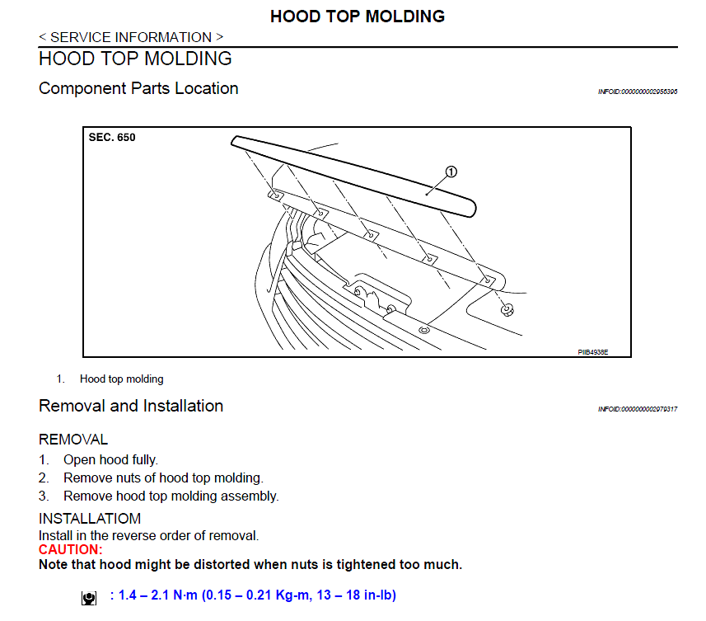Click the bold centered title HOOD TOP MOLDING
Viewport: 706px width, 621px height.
pos(358,16)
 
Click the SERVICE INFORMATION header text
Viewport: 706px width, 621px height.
pos(131,37)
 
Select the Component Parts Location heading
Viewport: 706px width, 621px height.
pos(138,88)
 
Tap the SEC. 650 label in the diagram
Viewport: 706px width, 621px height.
pos(112,138)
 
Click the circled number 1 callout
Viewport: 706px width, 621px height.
pos(451,172)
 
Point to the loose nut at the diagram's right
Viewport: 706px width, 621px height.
pos(507,309)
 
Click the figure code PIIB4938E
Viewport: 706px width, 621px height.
pos(592,350)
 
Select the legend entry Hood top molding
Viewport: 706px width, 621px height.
pos(121,379)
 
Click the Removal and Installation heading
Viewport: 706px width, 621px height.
pos(131,406)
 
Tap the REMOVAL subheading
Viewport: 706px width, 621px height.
pos(73,440)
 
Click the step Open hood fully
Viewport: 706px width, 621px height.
pos(110,459)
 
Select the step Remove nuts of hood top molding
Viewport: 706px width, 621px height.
pos(163,478)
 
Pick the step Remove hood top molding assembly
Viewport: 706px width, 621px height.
pos(171,496)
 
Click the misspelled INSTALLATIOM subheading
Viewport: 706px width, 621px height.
pos(90,519)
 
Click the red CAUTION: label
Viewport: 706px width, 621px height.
pos(71,549)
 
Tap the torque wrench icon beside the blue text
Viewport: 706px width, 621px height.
pos(89,598)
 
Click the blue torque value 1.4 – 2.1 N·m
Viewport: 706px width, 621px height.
pos(161,595)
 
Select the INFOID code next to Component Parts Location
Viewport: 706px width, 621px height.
pos(637,92)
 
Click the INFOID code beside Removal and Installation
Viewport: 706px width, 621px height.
pos(637,409)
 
